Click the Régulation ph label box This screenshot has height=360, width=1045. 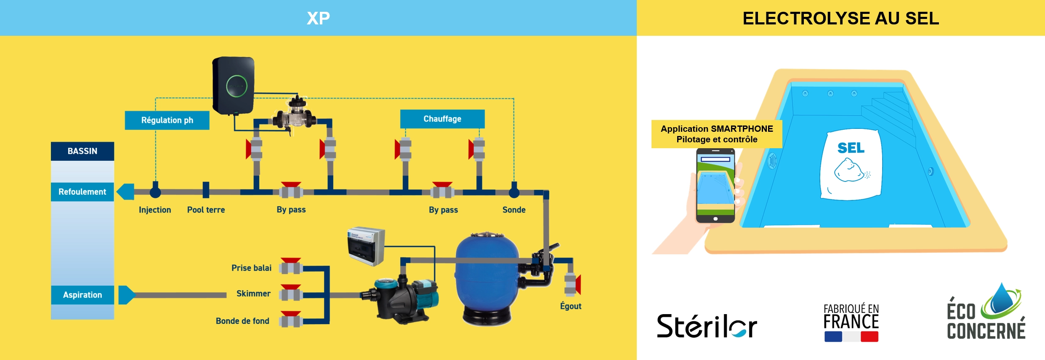pyautogui.click(x=167, y=120)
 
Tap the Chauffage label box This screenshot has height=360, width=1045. pyautogui.click(x=442, y=119)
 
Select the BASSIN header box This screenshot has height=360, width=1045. pyautogui.click(x=82, y=151)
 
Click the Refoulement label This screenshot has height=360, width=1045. pyautogui.click(x=82, y=192)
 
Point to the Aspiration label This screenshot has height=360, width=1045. pyautogui.click(x=82, y=295)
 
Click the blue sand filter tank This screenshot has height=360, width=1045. pyautogui.click(x=487, y=278)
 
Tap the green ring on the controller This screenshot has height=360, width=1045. pyautogui.click(x=237, y=86)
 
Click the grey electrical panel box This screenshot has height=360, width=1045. pyautogui.click(x=366, y=246)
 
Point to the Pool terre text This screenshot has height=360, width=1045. pyautogui.click(x=206, y=210)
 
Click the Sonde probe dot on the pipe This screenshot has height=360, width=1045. pyautogui.click(x=514, y=192)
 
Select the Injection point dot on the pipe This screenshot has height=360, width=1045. pyautogui.click(x=155, y=192)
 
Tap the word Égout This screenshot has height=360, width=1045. pyautogui.click(x=570, y=306)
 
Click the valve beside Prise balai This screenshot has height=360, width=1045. pyautogui.click(x=291, y=267)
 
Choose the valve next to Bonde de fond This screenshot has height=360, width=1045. pyautogui.click(x=291, y=320)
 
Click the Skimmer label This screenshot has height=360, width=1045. pyautogui.click(x=253, y=293)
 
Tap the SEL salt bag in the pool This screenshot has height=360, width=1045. pyautogui.click(x=851, y=164)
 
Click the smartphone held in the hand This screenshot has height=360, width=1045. pyautogui.click(x=715, y=186)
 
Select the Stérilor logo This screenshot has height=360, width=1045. pyautogui.click(x=707, y=326)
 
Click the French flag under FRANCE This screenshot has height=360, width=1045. pyautogui.click(x=851, y=336)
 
